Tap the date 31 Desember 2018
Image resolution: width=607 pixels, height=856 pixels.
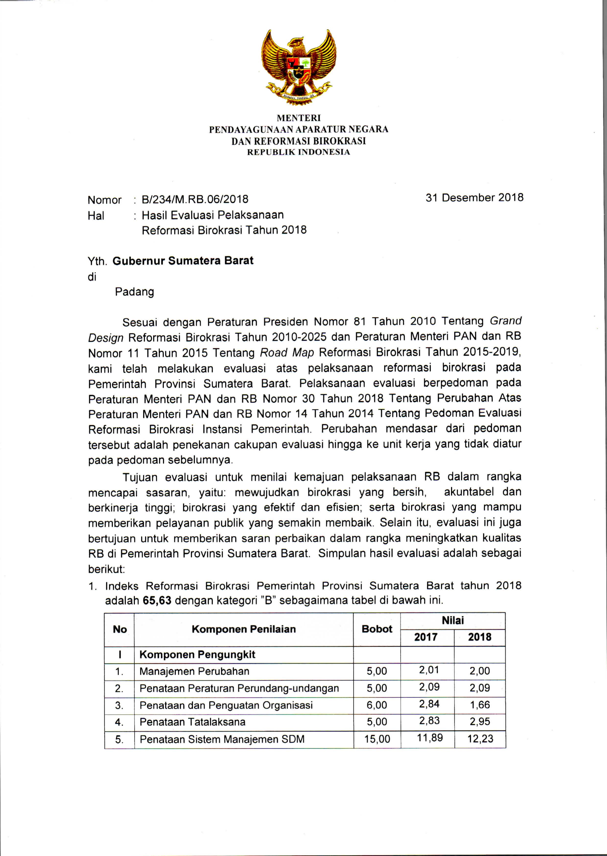[x=474, y=198]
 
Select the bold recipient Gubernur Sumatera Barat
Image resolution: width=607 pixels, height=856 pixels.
[x=183, y=261]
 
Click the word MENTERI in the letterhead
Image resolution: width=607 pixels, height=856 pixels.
[x=299, y=118]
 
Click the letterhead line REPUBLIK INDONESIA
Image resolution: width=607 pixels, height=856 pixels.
[x=299, y=152]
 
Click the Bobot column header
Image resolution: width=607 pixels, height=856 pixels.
[x=377, y=629]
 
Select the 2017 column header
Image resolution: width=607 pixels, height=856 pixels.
[x=426, y=637]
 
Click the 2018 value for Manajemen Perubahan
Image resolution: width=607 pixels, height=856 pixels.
[x=479, y=671]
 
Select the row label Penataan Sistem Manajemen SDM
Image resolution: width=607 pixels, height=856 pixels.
[x=222, y=739]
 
